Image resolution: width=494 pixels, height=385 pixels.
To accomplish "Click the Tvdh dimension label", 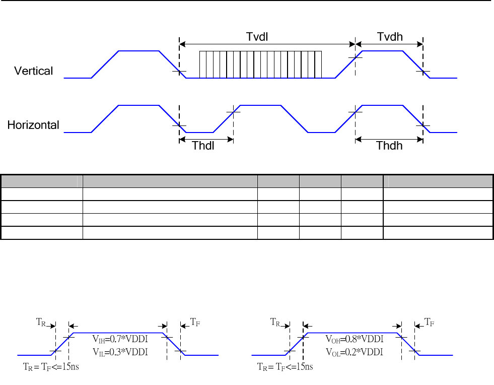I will click(390, 37).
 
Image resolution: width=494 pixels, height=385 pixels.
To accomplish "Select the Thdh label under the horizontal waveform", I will click(389, 146).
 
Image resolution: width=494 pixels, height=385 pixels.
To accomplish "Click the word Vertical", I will click(33, 71).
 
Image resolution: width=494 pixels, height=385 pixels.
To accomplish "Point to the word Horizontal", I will click(33, 125).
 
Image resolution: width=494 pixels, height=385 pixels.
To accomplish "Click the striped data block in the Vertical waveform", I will click(260, 65).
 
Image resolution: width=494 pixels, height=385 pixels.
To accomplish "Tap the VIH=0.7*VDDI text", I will click(120, 338).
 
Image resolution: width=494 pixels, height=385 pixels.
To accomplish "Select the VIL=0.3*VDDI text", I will click(120, 352).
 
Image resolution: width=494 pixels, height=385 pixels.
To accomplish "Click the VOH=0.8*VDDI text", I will click(355, 338).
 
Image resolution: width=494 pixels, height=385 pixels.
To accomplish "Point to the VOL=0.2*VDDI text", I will click(355, 352).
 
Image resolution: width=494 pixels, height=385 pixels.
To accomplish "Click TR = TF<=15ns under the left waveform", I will click(51, 366).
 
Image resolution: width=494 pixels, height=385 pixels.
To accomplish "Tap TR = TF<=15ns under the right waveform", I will click(285, 366).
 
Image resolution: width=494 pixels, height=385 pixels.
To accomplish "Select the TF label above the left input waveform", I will click(195, 321).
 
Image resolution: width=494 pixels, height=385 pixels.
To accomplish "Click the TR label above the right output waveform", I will click(275, 322).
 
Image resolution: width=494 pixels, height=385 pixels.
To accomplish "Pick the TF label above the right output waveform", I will click(430, 321).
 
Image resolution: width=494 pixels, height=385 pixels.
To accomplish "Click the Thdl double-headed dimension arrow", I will click(206, 139).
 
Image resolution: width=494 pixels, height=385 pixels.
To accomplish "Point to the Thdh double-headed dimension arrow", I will click(389, 139).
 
